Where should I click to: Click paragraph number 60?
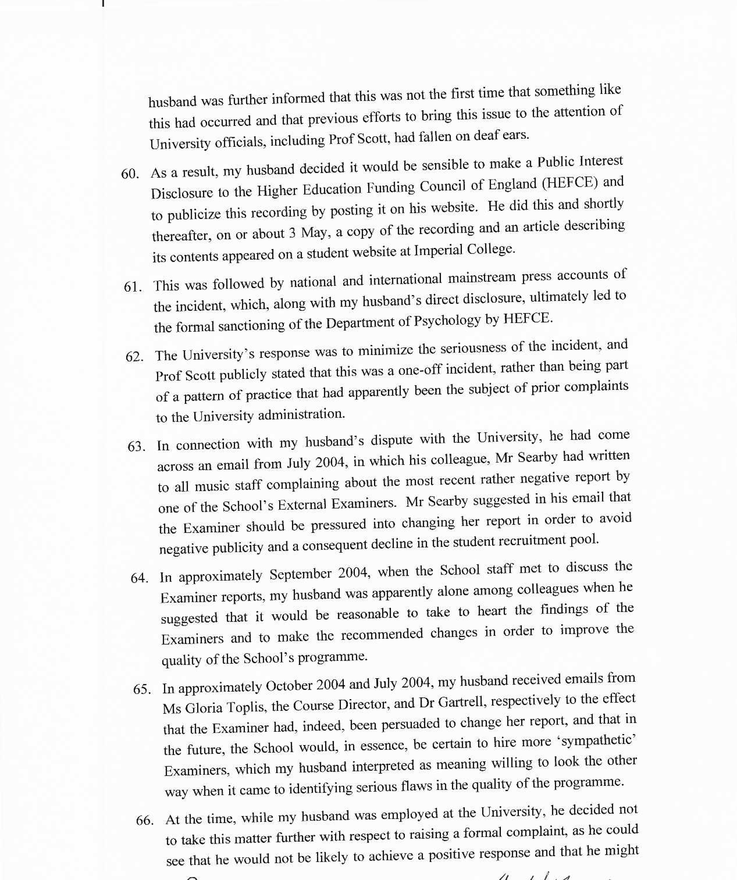(x=130, y=174)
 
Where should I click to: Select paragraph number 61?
(x=132, y=287)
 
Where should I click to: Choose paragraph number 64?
(x=140, y=578)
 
